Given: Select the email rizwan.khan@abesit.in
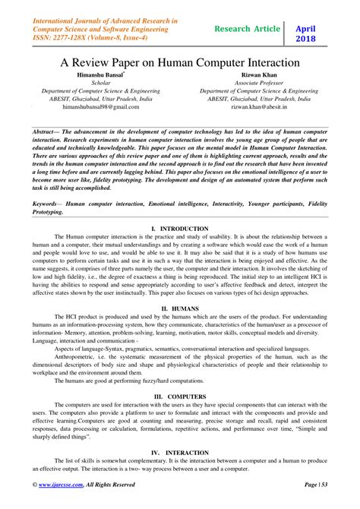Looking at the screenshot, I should [260, 107].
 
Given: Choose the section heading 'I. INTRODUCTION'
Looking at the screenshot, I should [180, 228].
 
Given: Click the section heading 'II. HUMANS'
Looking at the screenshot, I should [180, 309].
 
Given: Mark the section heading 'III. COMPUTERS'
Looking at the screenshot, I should [180, 397].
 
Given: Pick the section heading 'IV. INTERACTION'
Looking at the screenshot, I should [180, 453].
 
